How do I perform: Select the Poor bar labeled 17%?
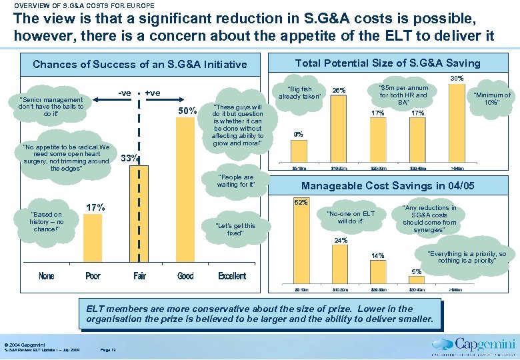tap(93, 241)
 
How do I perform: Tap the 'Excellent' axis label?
tap(231, 276)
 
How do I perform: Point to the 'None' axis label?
tap(47, 276)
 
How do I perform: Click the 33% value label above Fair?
tap(129, 159)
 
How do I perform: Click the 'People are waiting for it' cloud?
tap(236, 181)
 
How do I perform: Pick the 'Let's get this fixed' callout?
tap(235, 229)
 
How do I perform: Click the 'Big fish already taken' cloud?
tap(298, 93)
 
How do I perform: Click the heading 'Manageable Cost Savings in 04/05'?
tap(388, 186)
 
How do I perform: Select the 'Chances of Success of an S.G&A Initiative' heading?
tap(139, 65)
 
